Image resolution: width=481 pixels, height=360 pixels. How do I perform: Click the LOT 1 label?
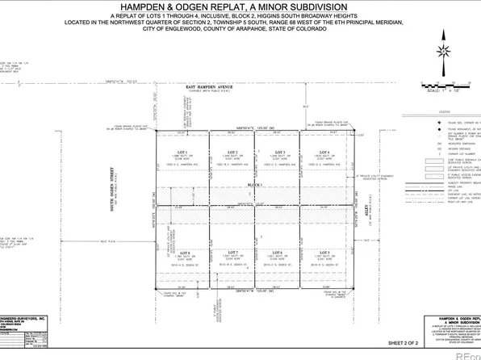coord(182,152)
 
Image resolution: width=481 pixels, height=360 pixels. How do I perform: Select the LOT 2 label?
coord(232,152)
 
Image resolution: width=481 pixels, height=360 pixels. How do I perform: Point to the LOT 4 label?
coord(324,152)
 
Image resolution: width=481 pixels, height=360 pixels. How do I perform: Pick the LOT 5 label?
coord(324,253)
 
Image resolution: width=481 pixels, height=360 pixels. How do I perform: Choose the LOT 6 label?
coord(278,253)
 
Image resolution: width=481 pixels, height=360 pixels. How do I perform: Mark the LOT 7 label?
coord(232,253)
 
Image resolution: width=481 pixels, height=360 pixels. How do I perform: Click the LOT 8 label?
coord(185,253)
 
